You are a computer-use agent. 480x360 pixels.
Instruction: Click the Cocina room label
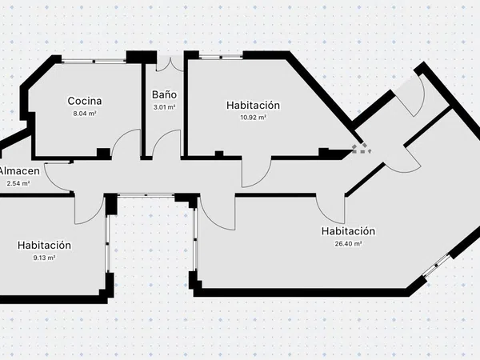point(85,101)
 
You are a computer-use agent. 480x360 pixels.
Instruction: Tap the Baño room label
point(164,94)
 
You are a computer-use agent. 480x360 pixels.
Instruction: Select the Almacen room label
point(19,171)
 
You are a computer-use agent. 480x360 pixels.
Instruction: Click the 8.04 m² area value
point(85,114)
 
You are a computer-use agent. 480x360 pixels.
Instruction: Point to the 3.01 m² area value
point(164,107)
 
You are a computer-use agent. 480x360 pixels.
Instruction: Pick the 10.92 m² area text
point(253,118)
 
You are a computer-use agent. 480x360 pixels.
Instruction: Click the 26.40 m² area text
point(348,244)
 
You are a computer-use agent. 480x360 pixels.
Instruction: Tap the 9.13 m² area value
point(44,258)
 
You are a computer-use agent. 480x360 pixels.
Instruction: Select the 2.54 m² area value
point(18,184)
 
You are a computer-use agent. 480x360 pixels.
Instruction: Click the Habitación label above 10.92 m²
point(253,105)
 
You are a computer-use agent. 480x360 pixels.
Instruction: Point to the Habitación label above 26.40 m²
point(348,231)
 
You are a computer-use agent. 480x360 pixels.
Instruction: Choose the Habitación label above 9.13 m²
point(44,245)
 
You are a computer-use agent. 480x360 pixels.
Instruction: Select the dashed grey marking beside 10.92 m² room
point(362,149)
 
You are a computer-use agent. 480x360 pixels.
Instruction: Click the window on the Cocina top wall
point(94,62)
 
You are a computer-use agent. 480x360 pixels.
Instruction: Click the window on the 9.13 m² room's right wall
point(107,244)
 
